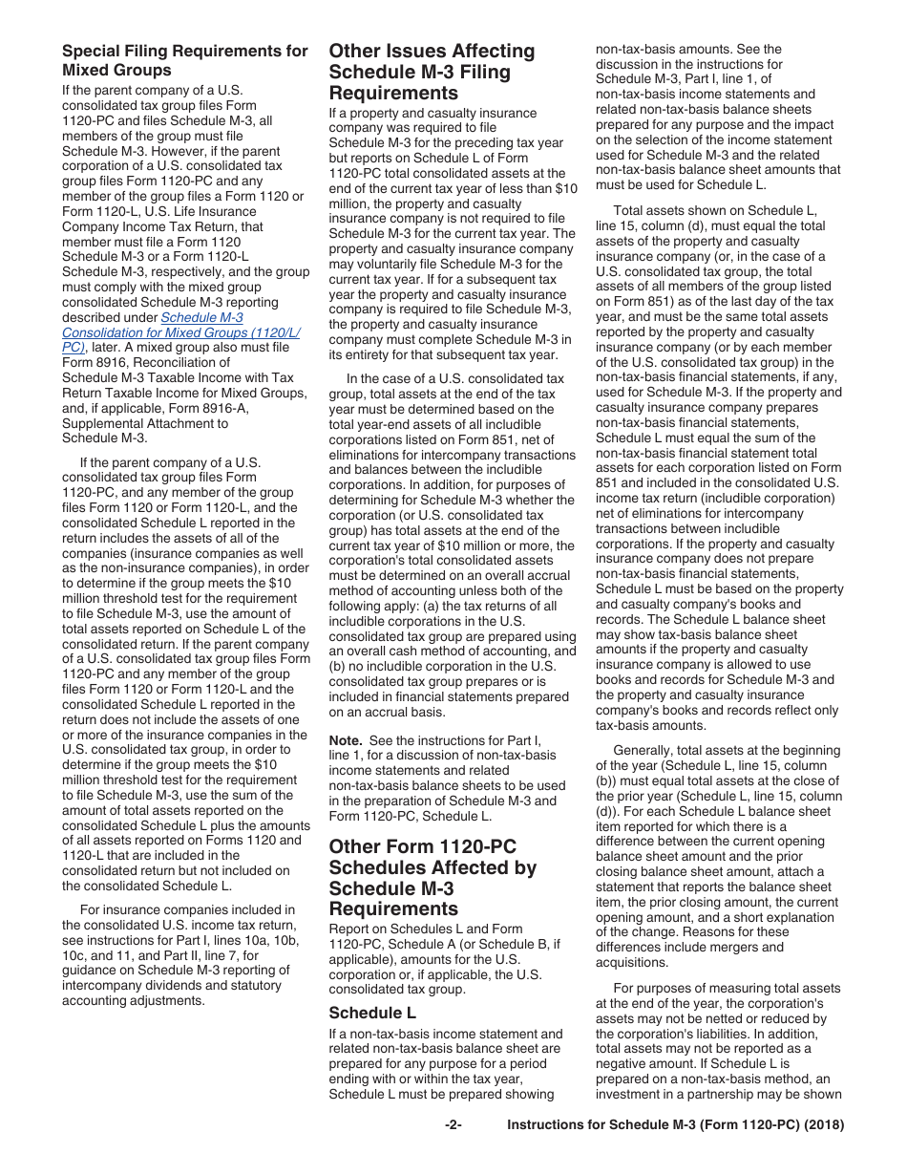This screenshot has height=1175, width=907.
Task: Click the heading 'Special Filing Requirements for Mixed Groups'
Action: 184,60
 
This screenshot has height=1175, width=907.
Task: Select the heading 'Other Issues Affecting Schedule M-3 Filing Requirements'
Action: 432,72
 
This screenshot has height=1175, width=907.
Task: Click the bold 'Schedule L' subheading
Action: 371,1013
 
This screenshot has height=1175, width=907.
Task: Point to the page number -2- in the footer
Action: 453,1125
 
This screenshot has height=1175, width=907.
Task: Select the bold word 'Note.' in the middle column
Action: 346,740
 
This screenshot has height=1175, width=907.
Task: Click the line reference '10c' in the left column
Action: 78,955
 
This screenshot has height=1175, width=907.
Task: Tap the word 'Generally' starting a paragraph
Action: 646,751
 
